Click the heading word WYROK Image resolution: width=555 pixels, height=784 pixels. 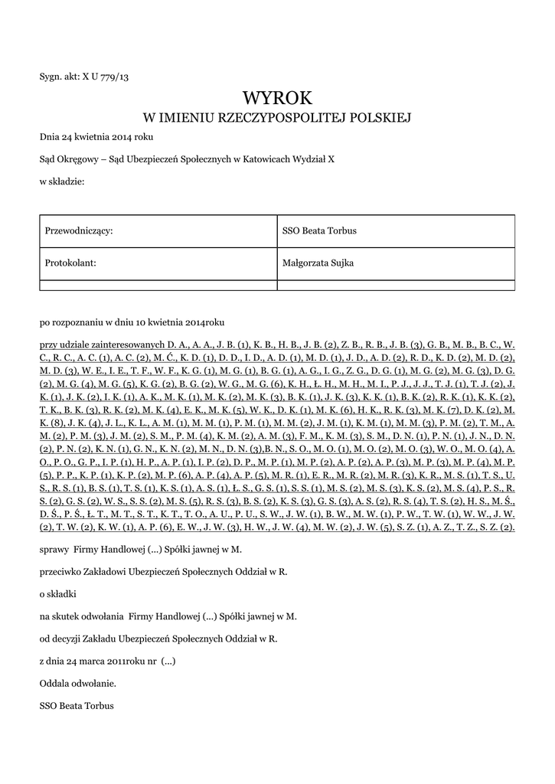coord(277,97)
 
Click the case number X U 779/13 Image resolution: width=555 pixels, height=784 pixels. coord(101,76)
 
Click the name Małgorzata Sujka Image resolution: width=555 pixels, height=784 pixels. coord(318,263)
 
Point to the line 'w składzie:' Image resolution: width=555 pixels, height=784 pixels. coord(61,181)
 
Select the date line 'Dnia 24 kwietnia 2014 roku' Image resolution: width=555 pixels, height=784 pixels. coord(96,136)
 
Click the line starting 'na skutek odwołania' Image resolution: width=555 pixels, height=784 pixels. coord(168,615)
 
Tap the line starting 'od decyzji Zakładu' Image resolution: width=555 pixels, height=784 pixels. coord(158,637)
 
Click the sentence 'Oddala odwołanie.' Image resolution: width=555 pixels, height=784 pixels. coord(78,682)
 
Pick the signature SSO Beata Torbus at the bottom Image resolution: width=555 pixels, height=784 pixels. coord(77,705)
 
